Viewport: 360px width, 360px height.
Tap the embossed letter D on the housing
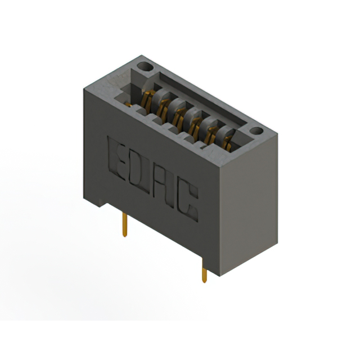point(142,174)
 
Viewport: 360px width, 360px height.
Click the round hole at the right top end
point(256,130)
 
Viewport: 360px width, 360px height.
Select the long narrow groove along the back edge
point(202,96)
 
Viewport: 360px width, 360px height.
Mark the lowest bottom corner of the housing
point(220,276)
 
